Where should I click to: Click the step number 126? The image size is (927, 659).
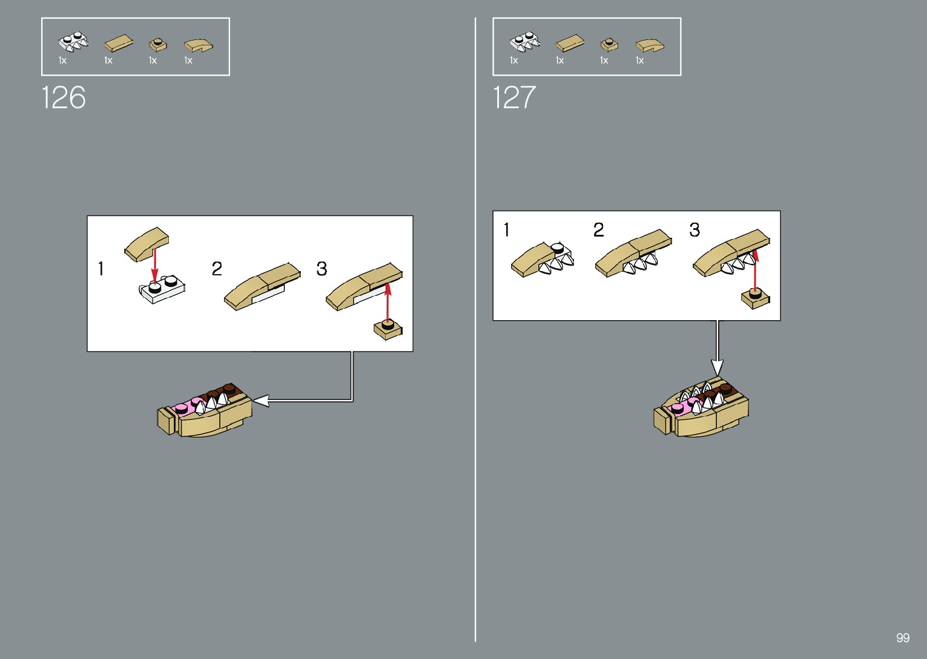pos(64,97)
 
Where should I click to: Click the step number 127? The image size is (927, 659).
pos(514,97)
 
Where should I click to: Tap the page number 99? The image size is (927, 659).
pos(903,638)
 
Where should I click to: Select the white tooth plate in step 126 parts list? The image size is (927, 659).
pos(73,42)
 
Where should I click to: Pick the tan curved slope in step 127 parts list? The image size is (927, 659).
pos(650,45)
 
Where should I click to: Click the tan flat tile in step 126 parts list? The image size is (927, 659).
pos(119,43)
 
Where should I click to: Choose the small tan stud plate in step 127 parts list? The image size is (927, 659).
pos(609,44)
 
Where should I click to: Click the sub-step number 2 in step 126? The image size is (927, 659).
pos(217,269)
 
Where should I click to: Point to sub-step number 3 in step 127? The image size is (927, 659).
pos(694,230)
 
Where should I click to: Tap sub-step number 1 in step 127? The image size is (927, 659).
pos(507,230)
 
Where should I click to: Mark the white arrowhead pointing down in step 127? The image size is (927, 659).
pos(718,367)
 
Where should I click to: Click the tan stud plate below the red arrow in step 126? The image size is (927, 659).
pos(388,330)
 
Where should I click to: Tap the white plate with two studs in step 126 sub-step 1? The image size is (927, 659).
pos(162,289)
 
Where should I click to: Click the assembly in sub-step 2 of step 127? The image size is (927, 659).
pos(633,254)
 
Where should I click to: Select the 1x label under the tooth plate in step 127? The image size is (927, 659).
pos(514,61)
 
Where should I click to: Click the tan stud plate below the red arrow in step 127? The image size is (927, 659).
pos(756,298)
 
